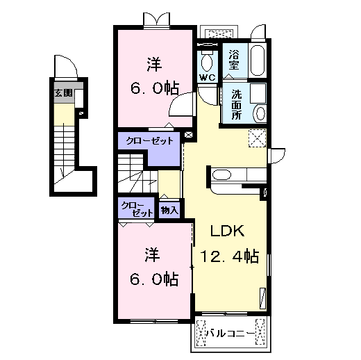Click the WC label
pos(207,77)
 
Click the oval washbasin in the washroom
pos(259,112)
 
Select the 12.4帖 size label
pos(230,257)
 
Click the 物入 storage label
pos(169,208)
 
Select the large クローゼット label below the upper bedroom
pos(149,140)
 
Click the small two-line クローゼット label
pos(134,208)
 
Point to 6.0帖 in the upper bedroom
pos(154,88)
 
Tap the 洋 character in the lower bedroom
pos(153,252)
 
